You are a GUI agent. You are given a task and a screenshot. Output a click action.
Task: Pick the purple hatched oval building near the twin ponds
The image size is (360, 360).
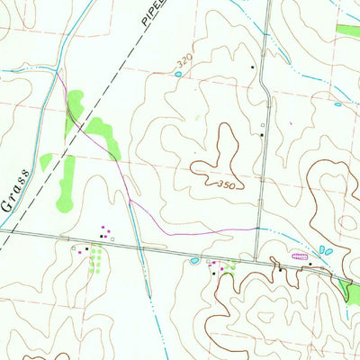point(301,256)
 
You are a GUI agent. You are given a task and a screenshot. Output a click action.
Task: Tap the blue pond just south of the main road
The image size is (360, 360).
point(193,261)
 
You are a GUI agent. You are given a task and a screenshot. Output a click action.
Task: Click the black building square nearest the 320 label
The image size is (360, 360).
point(252,67)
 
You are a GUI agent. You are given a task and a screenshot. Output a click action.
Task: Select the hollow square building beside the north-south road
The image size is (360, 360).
point(263,125)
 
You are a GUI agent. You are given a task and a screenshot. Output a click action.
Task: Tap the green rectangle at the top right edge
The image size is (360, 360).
point(347,30)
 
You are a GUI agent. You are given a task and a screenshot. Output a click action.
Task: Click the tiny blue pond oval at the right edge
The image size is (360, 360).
point(337,104)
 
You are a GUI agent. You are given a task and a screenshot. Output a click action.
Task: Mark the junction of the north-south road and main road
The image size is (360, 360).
point(256,257)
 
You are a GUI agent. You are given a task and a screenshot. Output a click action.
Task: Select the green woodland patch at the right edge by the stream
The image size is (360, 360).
point(346,290)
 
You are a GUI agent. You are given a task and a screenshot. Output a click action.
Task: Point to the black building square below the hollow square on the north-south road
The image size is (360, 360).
point(262,135)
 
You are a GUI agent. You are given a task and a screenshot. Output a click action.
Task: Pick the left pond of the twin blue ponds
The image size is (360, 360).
point(321,249)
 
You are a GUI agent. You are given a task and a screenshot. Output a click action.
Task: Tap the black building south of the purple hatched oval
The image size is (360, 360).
point(281,268)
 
